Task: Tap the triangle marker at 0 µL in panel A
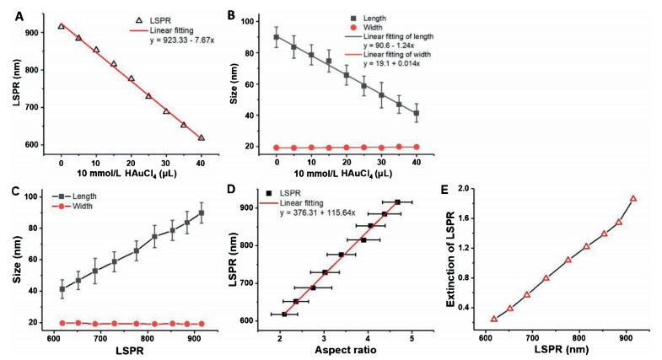61,26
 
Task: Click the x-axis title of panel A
131,174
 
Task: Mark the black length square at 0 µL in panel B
277,37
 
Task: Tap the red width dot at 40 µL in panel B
417,147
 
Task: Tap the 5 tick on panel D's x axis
411,336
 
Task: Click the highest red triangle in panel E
633,199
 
